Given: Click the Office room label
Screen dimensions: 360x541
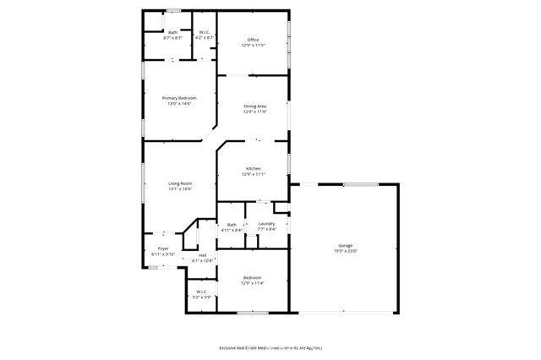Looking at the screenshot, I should click(x=252, y=40).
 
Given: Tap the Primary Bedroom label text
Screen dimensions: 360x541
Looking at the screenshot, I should click(x=179, y=98).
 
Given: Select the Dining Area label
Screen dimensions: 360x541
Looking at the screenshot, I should click(x=254, y=106).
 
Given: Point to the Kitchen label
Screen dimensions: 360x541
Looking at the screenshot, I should click(x=253, y=168).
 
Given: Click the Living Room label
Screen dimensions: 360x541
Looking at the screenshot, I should click(x=179, y=183).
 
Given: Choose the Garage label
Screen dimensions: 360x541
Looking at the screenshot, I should click(x=345, y=246).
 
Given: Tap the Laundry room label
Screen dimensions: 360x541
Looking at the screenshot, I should click(x=266, y=223).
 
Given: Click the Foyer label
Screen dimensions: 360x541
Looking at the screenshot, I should click(x=163, y=248).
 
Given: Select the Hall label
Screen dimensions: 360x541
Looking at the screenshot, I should click(x=202, y=254).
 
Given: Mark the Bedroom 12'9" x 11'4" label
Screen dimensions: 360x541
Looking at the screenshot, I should click(x=252, y=278).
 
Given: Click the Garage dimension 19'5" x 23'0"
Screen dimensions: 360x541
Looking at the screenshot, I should click(x=345, y=251).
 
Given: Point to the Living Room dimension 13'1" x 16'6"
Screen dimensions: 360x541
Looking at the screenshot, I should click(x=179, y=188).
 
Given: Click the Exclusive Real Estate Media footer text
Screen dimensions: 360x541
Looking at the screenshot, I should click(x=270, y=347).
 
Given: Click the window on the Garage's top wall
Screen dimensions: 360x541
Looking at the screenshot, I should click(x=360, y=184).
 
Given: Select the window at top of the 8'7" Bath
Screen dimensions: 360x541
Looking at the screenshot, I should click(x=172, y=11).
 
